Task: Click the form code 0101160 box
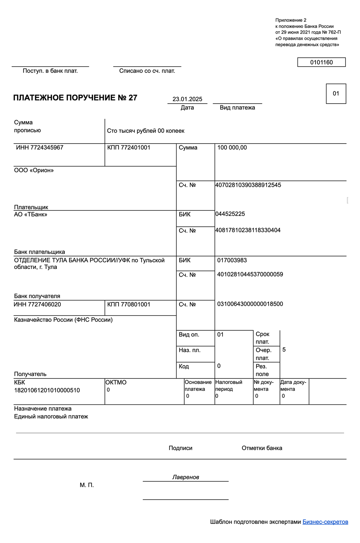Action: pos(321,62)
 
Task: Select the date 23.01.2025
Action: pos(187,99)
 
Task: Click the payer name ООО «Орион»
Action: pos(34,170)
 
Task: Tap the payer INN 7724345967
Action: pos(40,148)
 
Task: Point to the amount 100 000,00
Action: pos(232,148)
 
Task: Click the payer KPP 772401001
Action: pos(129,148)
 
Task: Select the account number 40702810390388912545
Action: pos(248,185)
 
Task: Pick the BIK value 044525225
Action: pos(230,214)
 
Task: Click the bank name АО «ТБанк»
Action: pos(31,214)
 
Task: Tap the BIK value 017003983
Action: pos(232,260)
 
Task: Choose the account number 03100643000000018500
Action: pos(250,304)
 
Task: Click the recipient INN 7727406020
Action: pos(37,304)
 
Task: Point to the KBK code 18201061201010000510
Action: pos(47,390)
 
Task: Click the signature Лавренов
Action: pos(186,477)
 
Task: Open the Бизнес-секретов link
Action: pos(325,522)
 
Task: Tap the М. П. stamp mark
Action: pos(87,485)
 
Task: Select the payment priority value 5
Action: pos(284,350)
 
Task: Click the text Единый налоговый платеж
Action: pos(51,416)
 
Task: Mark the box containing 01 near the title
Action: pos(336,94)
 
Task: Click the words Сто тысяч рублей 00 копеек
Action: pos(146,131)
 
